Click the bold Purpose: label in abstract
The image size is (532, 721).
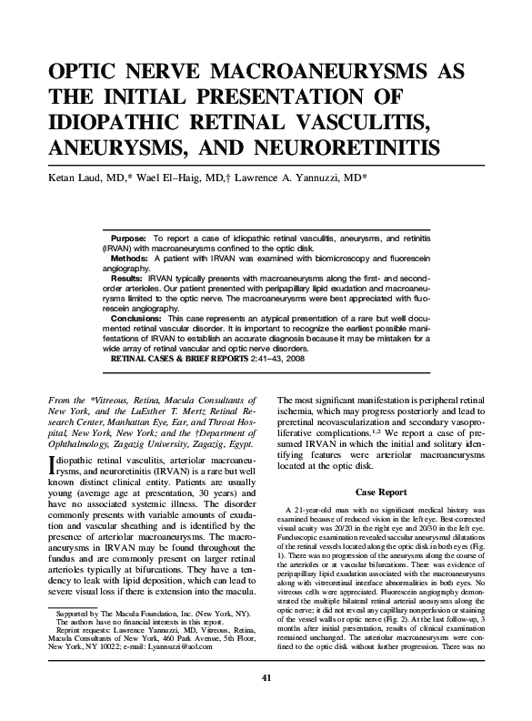pos(129,236)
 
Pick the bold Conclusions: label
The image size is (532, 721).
pos(136,320)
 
